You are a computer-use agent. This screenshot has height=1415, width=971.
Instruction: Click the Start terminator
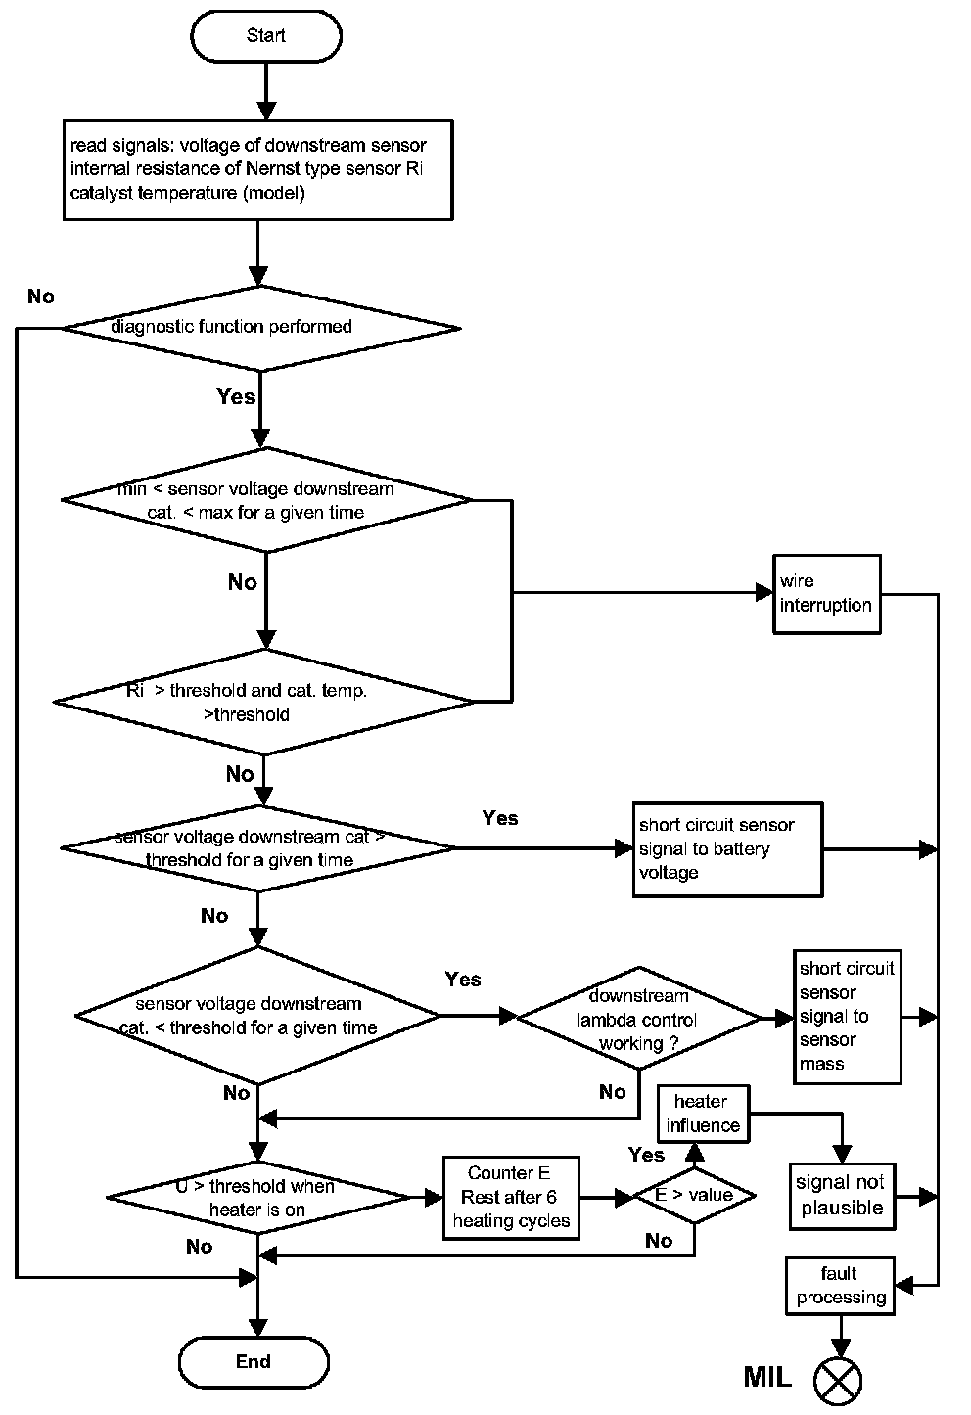pyautogui.click(x=265, y=36)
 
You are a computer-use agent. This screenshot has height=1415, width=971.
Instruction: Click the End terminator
pyautogui.click(x=254, y=1361)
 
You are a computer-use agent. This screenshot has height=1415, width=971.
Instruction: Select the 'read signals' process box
pyautogui.click(x=257, y=169)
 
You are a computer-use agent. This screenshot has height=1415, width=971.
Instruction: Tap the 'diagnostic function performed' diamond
pyautogui.click(x=260, y=327)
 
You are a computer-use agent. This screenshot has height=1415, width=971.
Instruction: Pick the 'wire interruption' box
pyautogui.click(x=826, y=594)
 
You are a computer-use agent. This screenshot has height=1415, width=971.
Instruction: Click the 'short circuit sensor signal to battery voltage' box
pyautogui.click(x=726, y=849)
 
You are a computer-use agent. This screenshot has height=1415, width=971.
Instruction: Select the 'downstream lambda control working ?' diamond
pyautogui.click(x=638, y=1020)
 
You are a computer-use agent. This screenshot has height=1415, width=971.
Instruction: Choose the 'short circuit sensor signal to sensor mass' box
pyautogui.click(x=847, y=1016)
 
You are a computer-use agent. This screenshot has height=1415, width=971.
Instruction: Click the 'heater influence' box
pyautogui.click(x=702, y=1114)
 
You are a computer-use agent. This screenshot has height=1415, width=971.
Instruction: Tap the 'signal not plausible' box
pyautogui.click(x=842, y=1196)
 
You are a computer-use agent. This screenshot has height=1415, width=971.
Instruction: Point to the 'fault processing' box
pyautogui.click(x=841, y=1286)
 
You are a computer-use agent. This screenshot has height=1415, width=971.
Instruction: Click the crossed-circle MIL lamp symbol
pyautogui.click(x=839, y=1379)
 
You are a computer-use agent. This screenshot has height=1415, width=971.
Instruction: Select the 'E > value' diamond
pyautogui.click(x=695, y=1195)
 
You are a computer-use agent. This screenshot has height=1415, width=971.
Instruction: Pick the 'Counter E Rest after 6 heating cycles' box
pyautogui.click(x=511, y=1197)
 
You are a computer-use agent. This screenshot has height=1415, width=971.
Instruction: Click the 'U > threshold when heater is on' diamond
pyautogui.click(x=257, y=1198)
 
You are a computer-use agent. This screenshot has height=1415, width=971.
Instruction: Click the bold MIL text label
pyautogui.click(x=767, y=1378)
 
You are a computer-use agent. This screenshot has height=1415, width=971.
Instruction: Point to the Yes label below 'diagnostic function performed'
pyautogui.click(x=236, y=396)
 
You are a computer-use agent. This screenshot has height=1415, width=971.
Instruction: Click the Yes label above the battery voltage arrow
pyautogui.click(x=500, y=818)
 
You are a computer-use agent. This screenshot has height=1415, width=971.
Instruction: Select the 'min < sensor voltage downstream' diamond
pyautogui.click(x=266, y=500)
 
